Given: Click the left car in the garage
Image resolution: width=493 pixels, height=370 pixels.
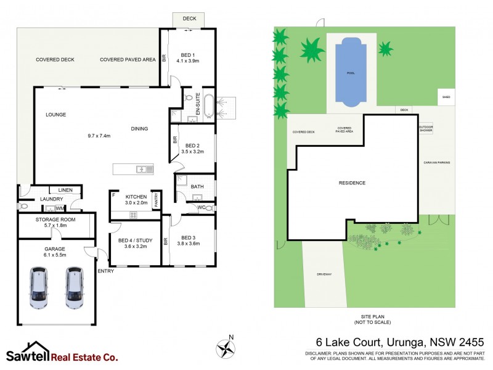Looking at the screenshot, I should point(38,287).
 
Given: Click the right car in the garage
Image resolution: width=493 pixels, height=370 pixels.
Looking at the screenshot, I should point(75,287).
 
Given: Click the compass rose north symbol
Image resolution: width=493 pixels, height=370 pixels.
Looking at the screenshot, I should point(226,348).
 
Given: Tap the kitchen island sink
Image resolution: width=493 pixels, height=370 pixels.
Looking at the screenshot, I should point(145,168).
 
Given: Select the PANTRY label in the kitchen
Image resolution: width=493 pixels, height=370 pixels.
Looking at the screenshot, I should point(157,200).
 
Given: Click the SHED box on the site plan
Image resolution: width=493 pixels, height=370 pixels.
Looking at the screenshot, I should point(446,97).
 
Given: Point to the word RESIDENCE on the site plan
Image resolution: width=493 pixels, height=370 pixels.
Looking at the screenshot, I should point(352,183).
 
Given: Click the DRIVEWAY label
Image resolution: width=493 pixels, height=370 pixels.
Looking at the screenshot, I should point(324,273).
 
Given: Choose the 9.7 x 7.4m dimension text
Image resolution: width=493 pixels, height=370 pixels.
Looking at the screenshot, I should point(99,136).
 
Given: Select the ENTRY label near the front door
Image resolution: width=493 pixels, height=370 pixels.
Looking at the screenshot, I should point(105,271).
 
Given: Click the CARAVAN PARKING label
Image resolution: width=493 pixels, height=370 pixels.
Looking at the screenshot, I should point(437,162).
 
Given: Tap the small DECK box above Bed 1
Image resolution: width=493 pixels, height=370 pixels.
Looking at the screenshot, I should point(190,19).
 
